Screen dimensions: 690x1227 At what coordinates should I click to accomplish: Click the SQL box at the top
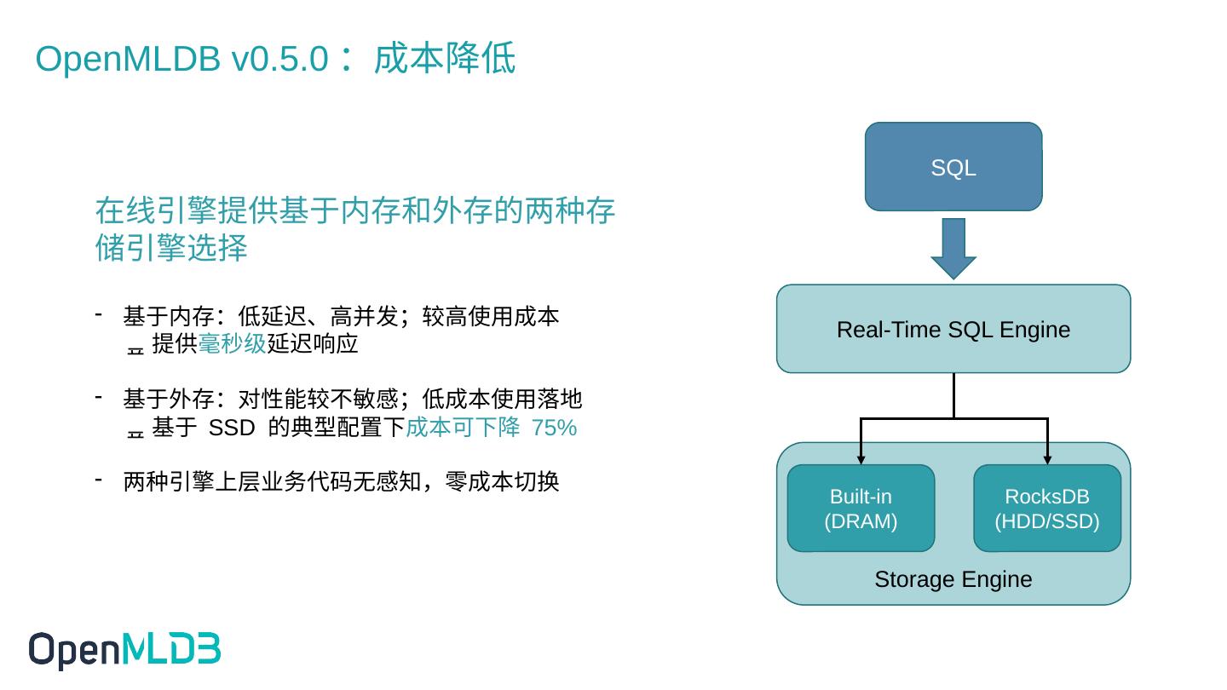(953, 167)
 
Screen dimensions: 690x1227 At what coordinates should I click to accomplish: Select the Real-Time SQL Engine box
(953, 329)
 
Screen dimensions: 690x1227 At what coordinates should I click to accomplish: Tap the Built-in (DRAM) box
(861, 509)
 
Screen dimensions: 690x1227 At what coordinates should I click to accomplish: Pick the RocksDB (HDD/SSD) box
(1046, 509)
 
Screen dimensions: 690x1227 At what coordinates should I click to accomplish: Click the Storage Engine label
(953, 579)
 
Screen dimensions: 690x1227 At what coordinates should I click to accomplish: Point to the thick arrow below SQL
(953, 248)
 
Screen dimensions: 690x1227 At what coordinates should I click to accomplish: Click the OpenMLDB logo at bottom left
(124, 651)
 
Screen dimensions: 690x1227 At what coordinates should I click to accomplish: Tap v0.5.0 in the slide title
(279, 60)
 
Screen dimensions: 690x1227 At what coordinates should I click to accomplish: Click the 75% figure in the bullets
(554, 428)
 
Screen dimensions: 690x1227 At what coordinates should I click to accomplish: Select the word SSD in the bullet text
(232, 428)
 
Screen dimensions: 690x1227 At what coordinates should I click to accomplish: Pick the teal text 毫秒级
(232, 344)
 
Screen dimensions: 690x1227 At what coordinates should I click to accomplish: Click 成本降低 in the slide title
(444, 60)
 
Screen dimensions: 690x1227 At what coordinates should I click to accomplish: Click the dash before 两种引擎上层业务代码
(99, 480)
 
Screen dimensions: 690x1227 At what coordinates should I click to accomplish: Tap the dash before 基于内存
(99, 315)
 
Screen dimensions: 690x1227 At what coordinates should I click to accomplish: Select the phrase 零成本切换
(502, 482)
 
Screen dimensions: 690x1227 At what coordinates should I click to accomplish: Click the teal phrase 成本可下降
(463, 428)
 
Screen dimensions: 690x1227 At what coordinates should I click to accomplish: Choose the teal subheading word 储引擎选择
(170, 249)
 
